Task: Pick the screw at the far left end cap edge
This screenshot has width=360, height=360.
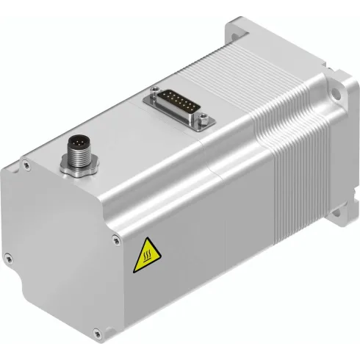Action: point(9,256)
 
